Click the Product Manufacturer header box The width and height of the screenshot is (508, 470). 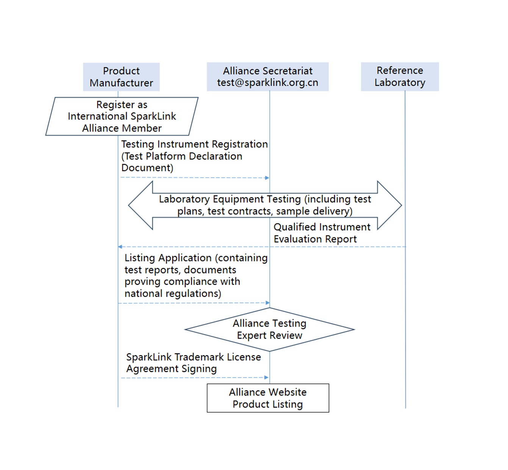[121, 77]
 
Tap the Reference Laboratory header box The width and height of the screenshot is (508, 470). [400, 77]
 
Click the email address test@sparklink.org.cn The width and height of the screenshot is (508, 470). [267, 83]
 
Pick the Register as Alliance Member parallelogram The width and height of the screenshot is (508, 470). [122, 116]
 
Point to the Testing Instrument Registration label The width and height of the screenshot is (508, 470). [194, 144]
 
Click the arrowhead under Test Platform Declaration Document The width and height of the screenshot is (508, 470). [267, 178]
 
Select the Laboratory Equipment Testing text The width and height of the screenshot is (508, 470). [265, 205]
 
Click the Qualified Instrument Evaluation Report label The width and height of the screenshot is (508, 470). [322, 233]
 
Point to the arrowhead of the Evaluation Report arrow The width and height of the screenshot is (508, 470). [120, 247]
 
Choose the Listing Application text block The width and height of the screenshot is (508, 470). [195, 275]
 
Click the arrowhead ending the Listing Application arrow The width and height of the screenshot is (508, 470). [267, 303]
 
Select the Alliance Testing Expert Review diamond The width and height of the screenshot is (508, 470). [269, 329]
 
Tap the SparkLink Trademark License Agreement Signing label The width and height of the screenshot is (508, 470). [193, 363]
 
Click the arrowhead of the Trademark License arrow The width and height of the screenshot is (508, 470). [266, 378]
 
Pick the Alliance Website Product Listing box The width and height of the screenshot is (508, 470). [268, 398]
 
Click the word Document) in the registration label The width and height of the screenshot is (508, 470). [147, 168]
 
